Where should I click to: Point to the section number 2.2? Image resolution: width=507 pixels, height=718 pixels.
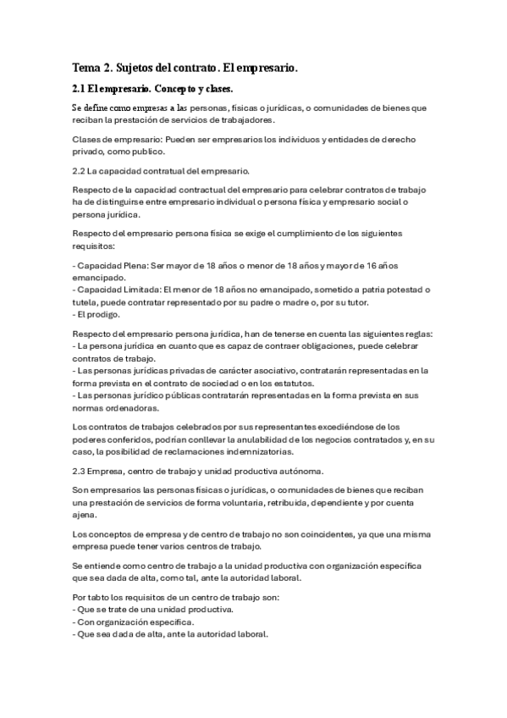[81, 171]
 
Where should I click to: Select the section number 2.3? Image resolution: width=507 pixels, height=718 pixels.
[81, 470]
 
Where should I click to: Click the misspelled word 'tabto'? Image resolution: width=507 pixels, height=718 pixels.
[101, 598]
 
